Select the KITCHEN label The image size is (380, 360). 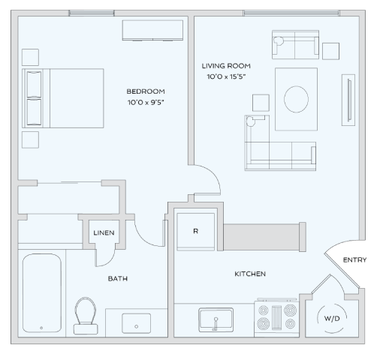[250, 274]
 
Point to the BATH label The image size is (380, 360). [117, 279]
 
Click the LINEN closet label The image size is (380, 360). [104, 232]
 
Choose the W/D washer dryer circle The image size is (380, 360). [331, 317]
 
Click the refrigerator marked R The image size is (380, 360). [195, 231]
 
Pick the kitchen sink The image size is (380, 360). [216, 321]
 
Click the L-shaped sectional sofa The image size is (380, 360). [274, 146]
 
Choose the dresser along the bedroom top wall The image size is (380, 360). [153, 29]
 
